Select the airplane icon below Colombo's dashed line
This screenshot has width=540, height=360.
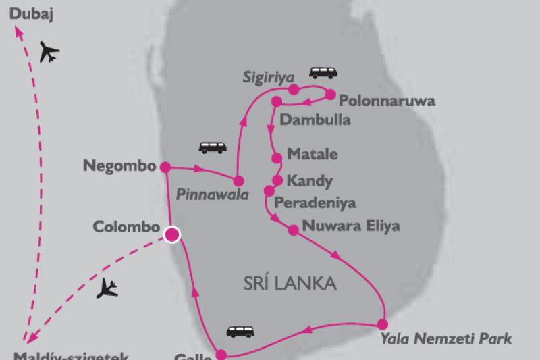click(108, 289)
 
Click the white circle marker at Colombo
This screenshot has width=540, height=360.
click(172, 234)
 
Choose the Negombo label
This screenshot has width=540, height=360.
click(118, 164)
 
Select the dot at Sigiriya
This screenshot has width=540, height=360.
click(294, 89)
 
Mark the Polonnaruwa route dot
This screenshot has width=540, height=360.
click(331, 95)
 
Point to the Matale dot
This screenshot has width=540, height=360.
click(277, 159)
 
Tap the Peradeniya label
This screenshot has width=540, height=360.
click(316, 203)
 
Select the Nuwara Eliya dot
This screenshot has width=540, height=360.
click(293, 230)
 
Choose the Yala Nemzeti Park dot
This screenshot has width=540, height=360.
click(382, 323)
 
